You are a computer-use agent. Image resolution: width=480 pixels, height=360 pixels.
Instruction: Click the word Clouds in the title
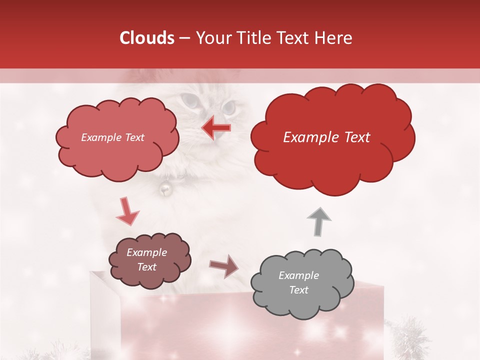pyautogui.click(x=146, y=38)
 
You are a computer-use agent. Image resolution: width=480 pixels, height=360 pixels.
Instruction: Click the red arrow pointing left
pyautogui.click(x=216, y=128)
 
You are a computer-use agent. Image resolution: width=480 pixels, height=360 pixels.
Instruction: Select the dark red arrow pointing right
pyautogui.click(x=225, y=266)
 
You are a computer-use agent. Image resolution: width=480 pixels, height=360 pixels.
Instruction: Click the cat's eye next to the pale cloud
pyautogui.click(x=189, y=100)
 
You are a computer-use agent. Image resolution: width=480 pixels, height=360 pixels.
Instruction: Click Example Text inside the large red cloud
pyautogui.click(x=326, y=137)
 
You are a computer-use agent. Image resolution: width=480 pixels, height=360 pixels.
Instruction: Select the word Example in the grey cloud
pyautogui.click(x=298, y=275)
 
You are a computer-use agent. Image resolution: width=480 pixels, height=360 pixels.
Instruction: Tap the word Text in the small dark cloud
pyautogui.click(x=147, y=267)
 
